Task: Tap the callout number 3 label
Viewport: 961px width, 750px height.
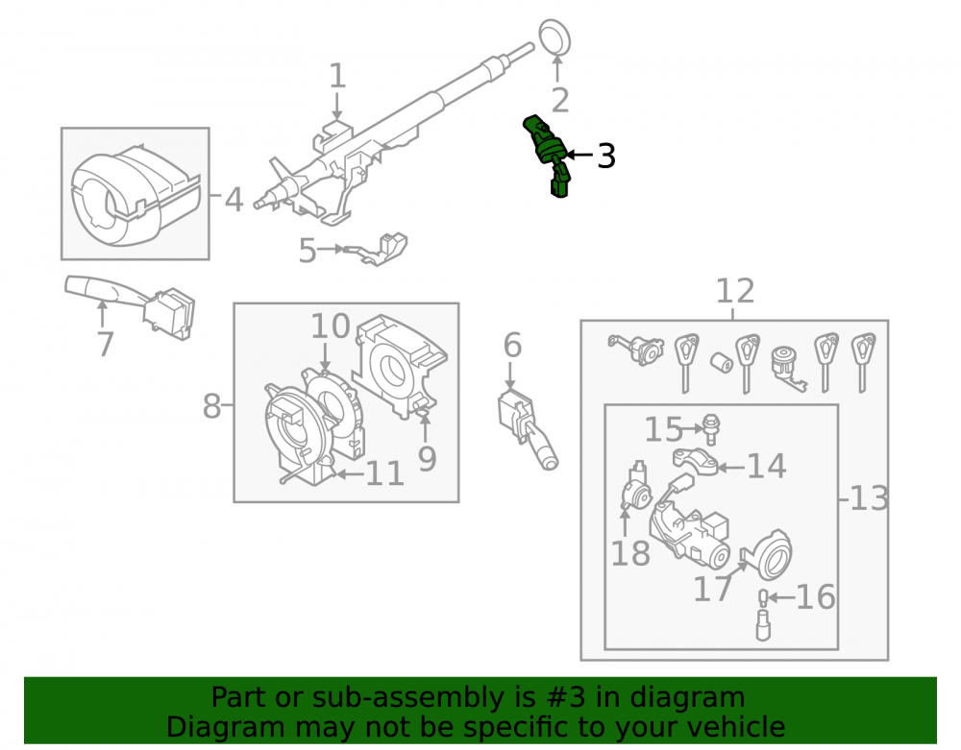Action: [605, 157]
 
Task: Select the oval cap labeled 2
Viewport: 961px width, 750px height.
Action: [555, 37]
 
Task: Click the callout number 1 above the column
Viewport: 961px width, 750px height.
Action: [337, 76]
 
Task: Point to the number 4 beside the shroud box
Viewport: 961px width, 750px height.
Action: [234, 200]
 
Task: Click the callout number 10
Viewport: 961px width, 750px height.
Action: [331, 326]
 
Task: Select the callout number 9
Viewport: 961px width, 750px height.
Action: [428, 459]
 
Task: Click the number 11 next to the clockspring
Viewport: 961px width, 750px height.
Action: [384, 473]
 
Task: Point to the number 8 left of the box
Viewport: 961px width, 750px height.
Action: [211, 406]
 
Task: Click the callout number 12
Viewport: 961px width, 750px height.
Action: [735, 290]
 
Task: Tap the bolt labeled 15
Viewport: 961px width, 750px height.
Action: [711, 429]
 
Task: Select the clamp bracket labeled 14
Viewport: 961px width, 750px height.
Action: [696, 462]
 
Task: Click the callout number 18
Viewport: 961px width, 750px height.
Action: [630, 553]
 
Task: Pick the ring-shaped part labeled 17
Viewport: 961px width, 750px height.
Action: [770, 555]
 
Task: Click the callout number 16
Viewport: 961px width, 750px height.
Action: [815, 597]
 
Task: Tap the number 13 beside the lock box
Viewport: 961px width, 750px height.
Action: [869, 498]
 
